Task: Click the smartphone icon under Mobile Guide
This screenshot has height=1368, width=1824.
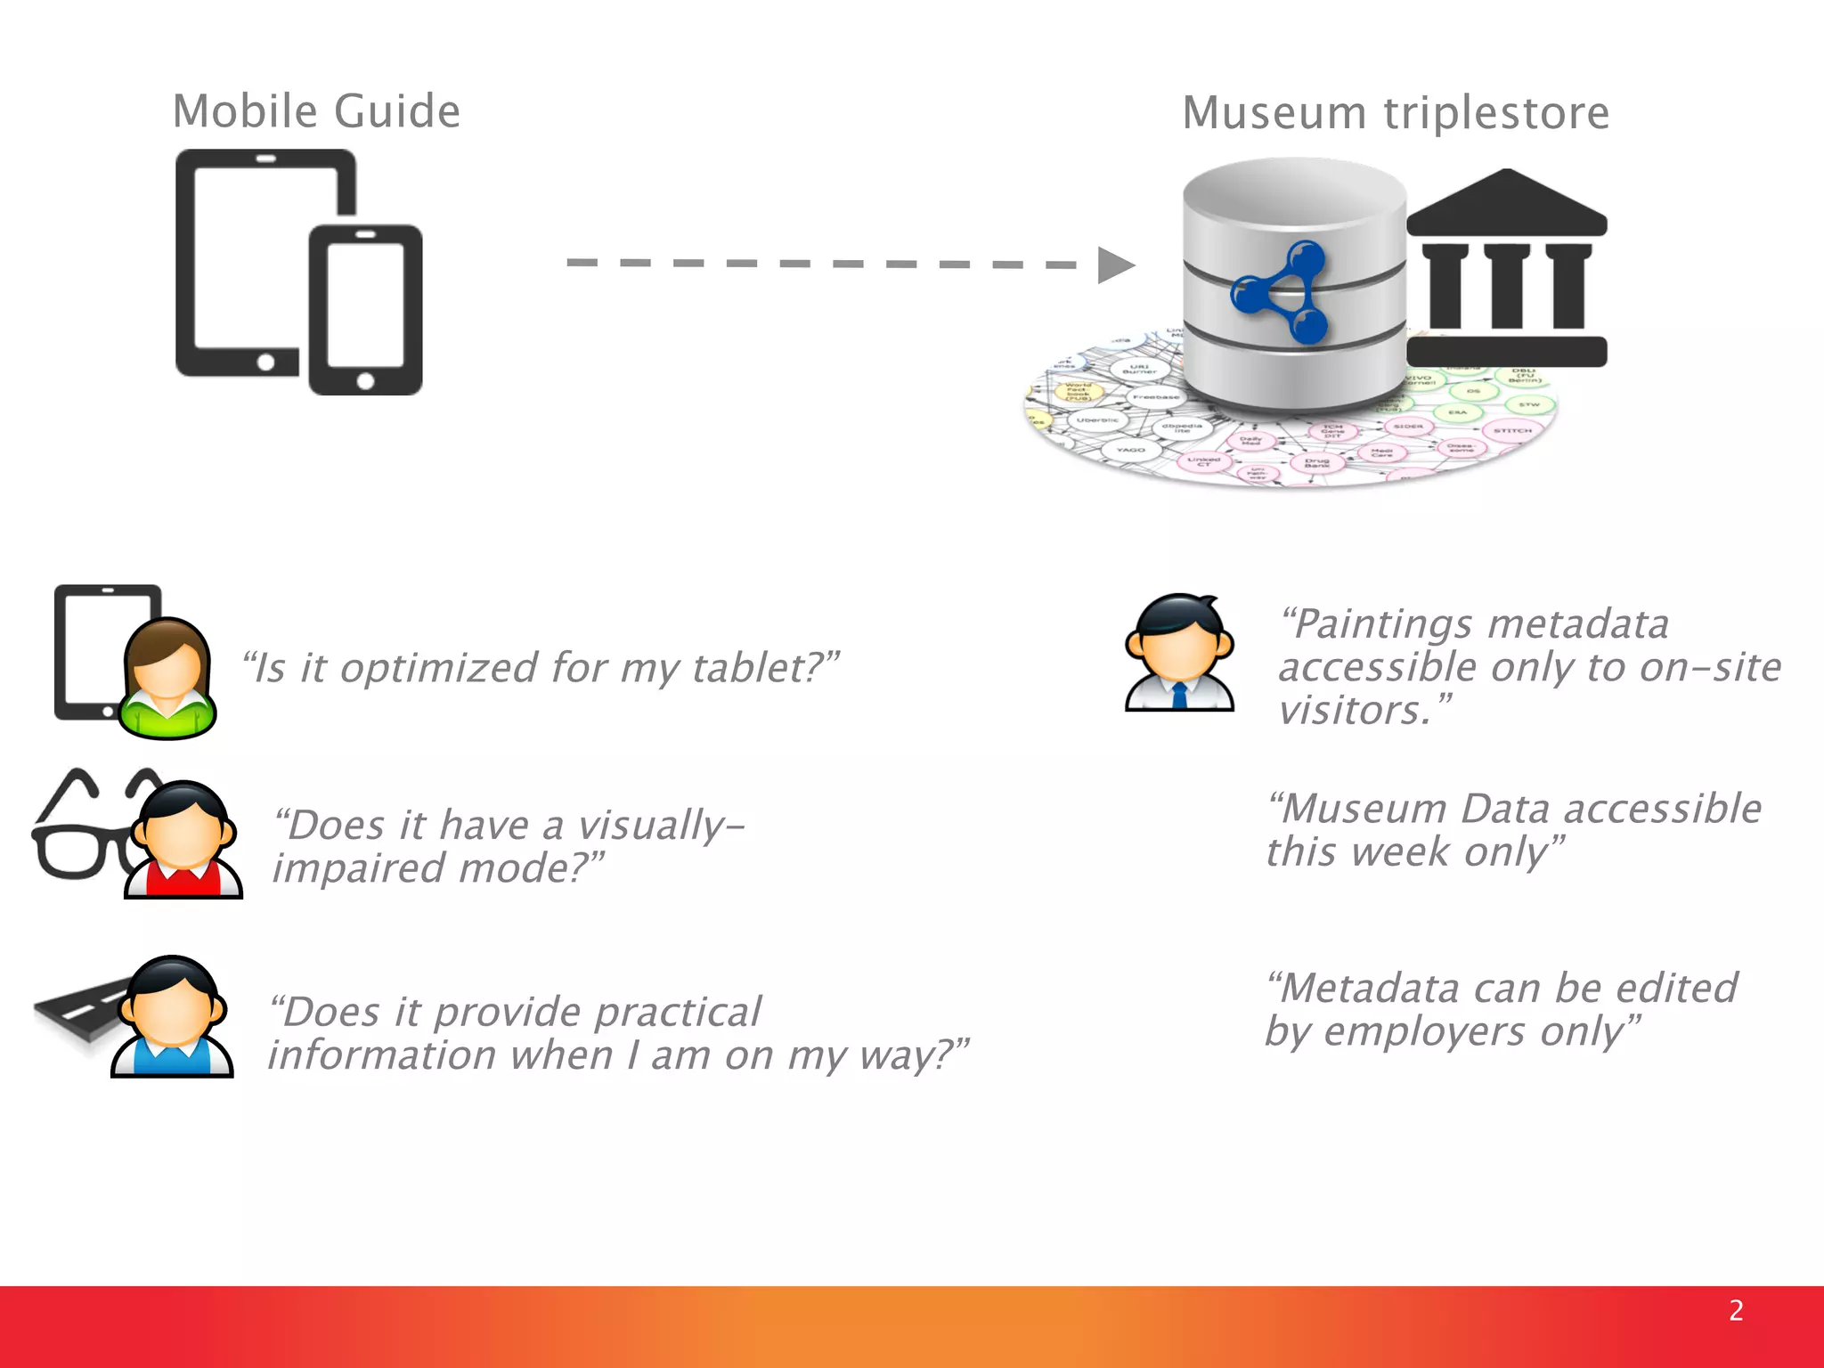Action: click(365, 309)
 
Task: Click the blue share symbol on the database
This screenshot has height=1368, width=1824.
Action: click(1281, 291)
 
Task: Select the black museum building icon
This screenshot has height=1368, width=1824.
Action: click(1507, 267)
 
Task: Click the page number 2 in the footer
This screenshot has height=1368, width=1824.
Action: click(1736, 1310)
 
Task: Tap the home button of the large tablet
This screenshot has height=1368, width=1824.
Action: click(265, 362)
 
